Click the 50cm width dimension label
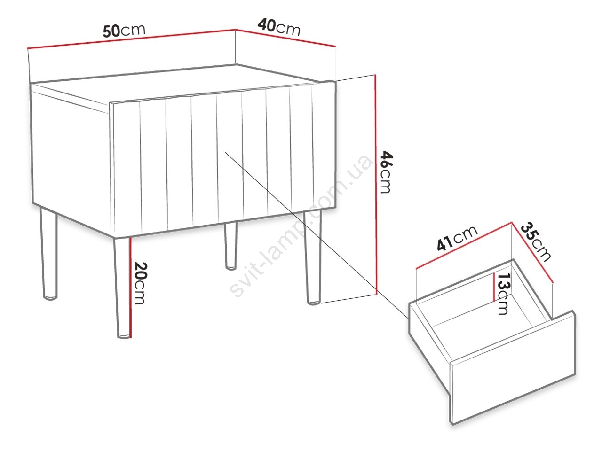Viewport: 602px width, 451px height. (124, 31)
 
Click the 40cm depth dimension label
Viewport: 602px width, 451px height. (279, 27)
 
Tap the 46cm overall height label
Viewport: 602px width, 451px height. (386, 172)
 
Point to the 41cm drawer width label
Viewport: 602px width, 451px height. (457, 239)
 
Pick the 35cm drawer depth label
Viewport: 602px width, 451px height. (535, 242)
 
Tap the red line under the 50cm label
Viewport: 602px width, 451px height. (131, 39)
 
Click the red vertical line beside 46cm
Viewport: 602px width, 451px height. (375, 184)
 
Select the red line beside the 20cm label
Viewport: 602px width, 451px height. (131, 287)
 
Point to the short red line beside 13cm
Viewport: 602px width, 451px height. (494, 287)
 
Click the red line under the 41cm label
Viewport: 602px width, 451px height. (464, 245)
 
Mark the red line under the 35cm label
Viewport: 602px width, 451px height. (532, 252)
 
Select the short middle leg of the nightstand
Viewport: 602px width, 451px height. (230, 246)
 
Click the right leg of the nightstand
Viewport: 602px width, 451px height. (312, 258)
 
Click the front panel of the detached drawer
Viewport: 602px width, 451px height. (513, 367)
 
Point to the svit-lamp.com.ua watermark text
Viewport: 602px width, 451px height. (301, 225)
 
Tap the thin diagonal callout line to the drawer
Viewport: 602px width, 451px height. (317, 235)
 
